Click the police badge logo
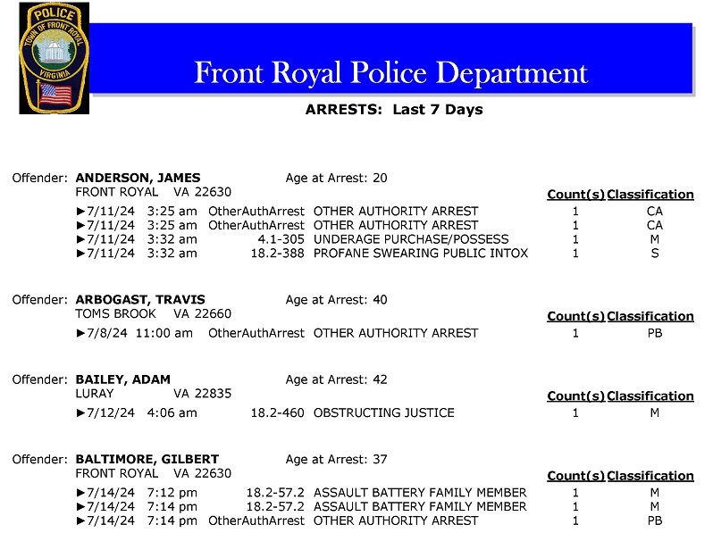point(55,58)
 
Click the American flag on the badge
point(55,93)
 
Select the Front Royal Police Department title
point(391,72)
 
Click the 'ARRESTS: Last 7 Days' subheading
point(393,110)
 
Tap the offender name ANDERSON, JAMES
point(138,178)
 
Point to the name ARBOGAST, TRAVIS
point(140,300)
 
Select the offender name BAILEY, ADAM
point(122,379)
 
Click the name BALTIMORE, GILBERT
point(147,460)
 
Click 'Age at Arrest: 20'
point(336,178)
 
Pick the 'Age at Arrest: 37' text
point(336,460)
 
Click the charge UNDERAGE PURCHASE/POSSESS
point(411,239)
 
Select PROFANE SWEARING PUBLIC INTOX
point(421,254)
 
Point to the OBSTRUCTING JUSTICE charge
point(384,413)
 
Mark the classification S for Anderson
point(654,254)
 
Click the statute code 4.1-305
point(281,239)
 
